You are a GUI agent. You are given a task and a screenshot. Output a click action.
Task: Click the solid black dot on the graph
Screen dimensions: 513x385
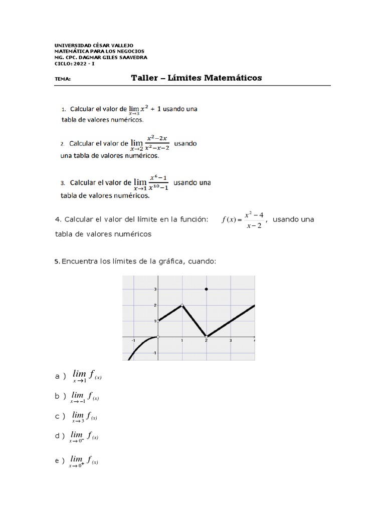click(x=207, y=290)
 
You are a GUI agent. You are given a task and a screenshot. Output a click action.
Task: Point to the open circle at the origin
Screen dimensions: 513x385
click(x=158, y=337)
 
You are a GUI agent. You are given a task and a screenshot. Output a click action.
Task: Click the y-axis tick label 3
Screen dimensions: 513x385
click(x=155, y=290)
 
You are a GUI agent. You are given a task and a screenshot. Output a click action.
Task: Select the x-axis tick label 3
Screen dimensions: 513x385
click(x=231, y=341)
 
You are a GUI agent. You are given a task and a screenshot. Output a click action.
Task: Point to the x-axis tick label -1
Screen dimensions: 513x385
click(x=133, y=341)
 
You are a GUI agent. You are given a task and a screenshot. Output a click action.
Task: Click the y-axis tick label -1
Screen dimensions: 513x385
click(x=155, y=353)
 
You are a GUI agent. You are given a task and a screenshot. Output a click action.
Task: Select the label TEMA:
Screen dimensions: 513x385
click(x=63, y=79)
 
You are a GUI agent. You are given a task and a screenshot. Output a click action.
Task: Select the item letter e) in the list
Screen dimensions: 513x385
click(x=60, y=461)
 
